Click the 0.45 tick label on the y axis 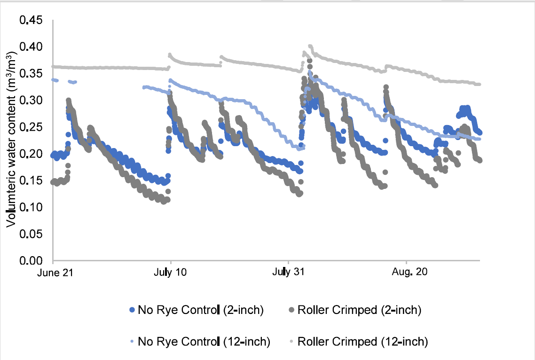pos(31,20)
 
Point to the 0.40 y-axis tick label pos(31,47)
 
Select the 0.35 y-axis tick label pos(31,74)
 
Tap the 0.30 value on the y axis pos(31,100)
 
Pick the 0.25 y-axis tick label pos(31,127)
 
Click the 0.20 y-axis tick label pos(31,154)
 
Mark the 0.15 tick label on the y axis pos(31,180)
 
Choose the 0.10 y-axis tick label pos(31,207)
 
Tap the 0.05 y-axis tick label pos(31,234)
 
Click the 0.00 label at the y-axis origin pos(31,260)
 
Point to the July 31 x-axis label pos(288,273)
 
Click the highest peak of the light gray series pos(310,46)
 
